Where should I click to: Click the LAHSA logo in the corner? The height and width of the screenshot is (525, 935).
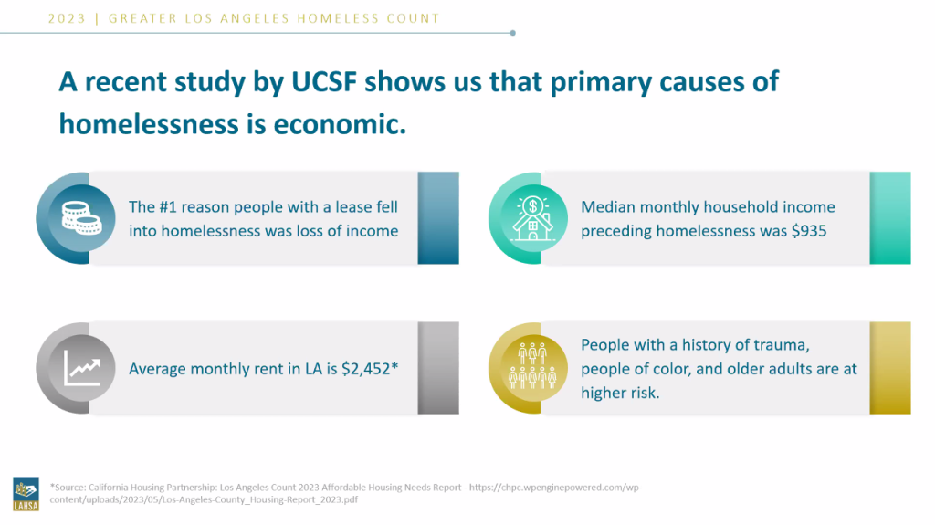click(x=26, y=494)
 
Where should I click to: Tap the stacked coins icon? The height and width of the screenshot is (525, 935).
click(x=81, y=217)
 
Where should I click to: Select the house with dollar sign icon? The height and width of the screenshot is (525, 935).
click(x=532, y=218)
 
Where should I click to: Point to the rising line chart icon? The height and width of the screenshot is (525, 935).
click(x=81, y=367)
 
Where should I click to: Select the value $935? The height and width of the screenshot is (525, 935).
click(x=809, y=231)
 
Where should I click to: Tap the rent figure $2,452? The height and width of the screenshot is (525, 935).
click(x=365, y=369)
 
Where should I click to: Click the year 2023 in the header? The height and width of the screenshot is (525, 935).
click(x=67, y=18)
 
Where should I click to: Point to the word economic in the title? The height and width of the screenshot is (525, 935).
click(x=340, y=124)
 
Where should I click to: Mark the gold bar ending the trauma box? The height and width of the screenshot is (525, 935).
click(x=890, y=367)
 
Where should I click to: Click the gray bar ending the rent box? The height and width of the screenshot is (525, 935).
click(x=438, y=367)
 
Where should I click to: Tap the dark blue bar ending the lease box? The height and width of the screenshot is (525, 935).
click(x=438, y=217)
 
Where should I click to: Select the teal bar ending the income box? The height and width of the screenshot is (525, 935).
click(x=890, y=217)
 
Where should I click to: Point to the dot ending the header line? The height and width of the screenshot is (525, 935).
click(x=513, y=33)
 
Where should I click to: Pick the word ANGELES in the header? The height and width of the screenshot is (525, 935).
click(x=256, y=18)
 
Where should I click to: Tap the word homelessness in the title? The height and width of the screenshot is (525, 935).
click(x=148, y=124)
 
